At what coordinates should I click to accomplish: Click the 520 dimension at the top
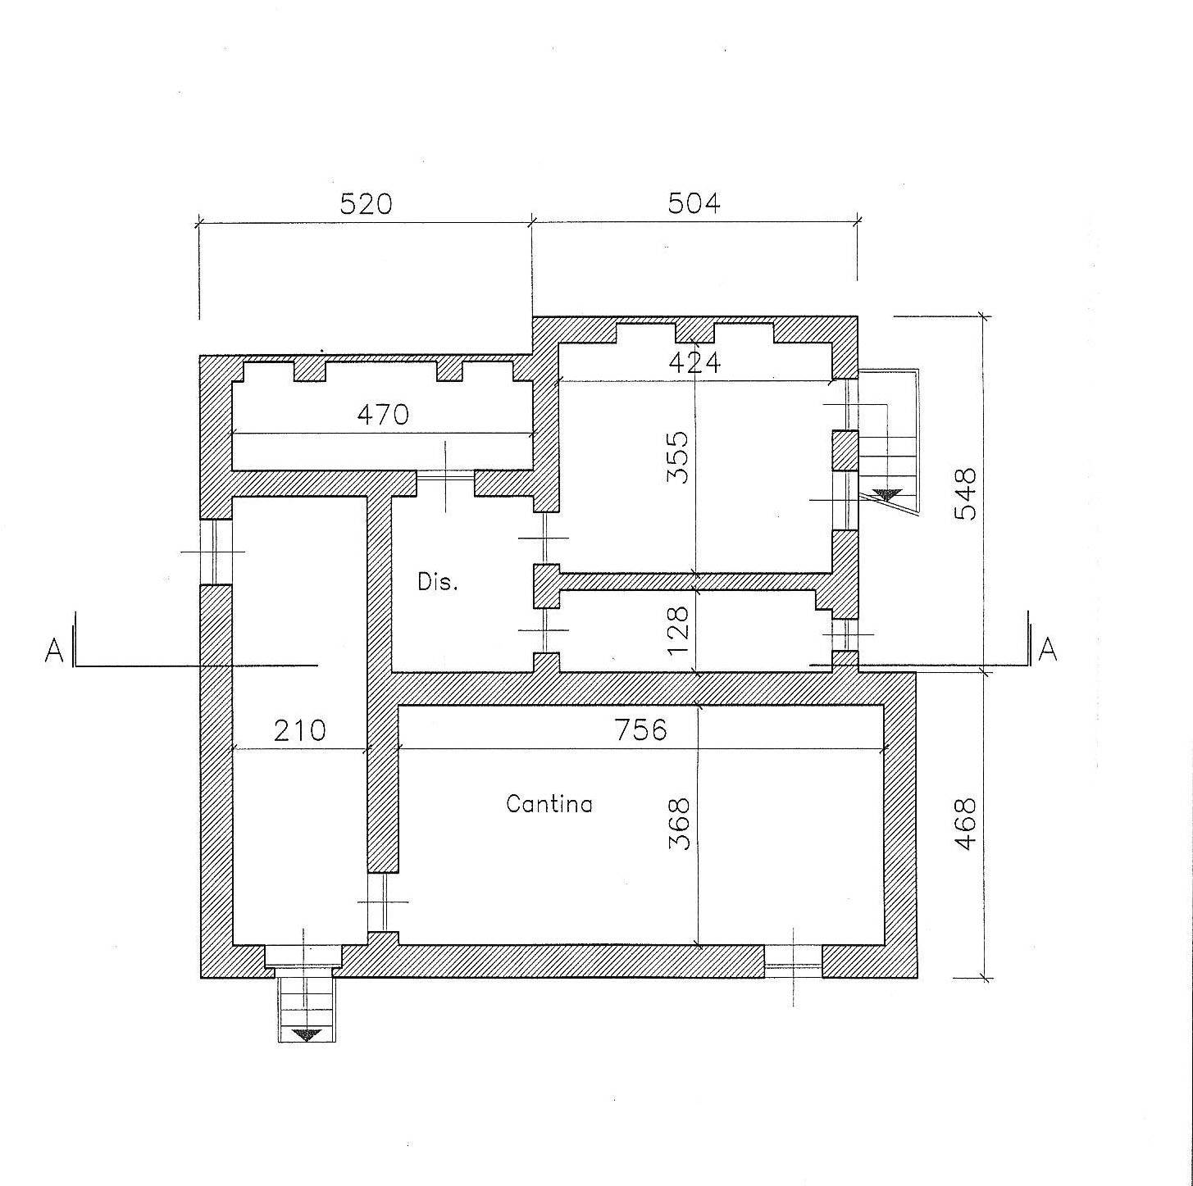pos(366,203)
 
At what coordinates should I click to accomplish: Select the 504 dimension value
pos(694,202)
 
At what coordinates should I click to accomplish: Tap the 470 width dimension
pos(383,415)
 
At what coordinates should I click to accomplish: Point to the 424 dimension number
pos(694,363)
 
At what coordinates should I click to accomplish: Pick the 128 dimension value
pos(678,631)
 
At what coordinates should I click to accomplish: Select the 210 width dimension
pos(299,731)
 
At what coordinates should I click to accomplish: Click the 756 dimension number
pos(640,730)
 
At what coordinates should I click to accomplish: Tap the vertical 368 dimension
pos(679,824)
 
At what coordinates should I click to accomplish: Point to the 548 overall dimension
pos(965,494)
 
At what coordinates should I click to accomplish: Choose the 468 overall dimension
pos(966,824)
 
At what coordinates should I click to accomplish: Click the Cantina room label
pos(549,804)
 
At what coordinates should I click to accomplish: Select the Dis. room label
pos(438,582)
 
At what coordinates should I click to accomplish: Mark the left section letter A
pos(54,651)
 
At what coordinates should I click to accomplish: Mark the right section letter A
pos(1048,650)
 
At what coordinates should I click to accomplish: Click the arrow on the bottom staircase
pos(307,1034)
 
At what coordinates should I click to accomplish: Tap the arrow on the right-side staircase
pos(887,494)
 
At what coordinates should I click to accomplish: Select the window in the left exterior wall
pos(216,552)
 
